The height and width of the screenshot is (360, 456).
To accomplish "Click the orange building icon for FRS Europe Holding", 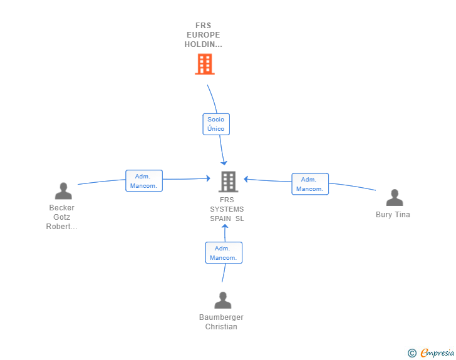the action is point(205,64).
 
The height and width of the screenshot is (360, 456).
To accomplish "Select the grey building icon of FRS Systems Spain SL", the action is point(228,182).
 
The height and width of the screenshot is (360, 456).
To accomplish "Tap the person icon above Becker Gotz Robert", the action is point(63,191).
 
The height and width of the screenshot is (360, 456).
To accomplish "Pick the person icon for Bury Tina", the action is point(395,197).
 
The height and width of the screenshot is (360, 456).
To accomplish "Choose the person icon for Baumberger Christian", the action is point(223,300).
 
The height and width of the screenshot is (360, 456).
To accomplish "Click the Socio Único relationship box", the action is point(216,124).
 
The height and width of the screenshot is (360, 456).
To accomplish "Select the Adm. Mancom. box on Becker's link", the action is point(144,181).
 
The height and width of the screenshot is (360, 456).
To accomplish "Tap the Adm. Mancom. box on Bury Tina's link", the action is point(310,184).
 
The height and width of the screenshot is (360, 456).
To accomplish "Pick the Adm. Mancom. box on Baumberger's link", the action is point(224,253).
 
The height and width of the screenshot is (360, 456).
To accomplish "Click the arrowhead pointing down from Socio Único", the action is point(224,163).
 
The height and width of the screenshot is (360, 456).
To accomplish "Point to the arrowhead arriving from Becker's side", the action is point(208,178).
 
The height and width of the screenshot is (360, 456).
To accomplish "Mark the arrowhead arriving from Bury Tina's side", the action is point(246,179).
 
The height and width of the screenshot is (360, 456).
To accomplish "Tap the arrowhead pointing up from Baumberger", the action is point(225,227).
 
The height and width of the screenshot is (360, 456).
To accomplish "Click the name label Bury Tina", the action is point(393,215).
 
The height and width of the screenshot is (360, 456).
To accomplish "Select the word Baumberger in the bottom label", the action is point(221,317).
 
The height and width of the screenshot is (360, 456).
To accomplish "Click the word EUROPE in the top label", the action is point(204,35).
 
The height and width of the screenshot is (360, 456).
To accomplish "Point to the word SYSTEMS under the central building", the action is point(227,209).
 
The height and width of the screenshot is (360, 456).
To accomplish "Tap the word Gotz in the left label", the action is point(61,217).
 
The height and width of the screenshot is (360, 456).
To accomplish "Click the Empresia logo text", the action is point(437,352).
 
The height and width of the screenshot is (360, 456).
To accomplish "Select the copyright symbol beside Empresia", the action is point(412,353).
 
